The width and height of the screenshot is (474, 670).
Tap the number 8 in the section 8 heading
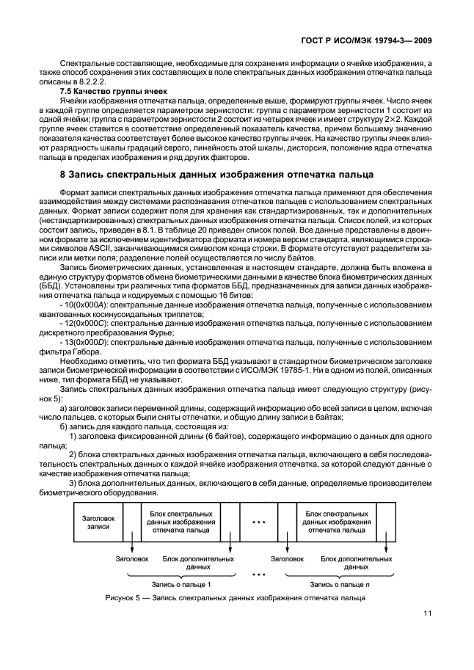62,175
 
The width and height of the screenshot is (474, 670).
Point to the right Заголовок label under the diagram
287,558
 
